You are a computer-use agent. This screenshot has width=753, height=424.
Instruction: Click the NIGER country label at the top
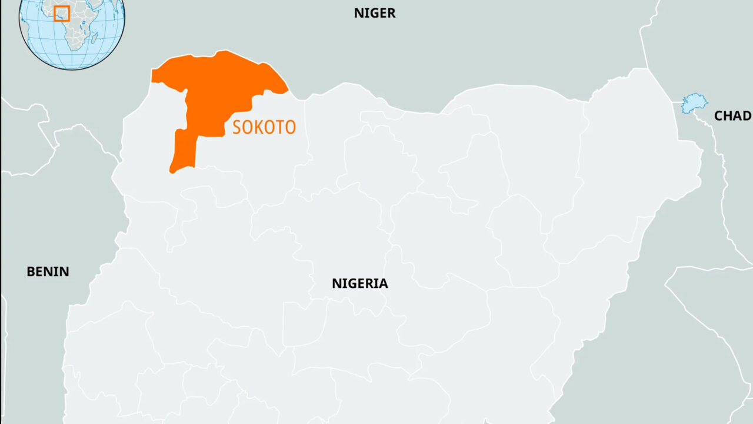[375, 13]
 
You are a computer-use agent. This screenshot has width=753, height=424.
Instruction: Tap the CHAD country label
[732, 116]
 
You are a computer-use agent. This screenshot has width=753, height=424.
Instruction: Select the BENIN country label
[48, 271]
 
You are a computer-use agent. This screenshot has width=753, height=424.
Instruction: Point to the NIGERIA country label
[360, 283]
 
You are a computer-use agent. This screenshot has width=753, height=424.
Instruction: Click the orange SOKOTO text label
[264, 127]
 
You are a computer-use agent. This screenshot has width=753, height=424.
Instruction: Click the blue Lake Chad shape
[694, 103]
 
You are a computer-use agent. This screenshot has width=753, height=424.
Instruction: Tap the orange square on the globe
[62, 14]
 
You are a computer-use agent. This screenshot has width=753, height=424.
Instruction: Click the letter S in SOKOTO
[237, 127]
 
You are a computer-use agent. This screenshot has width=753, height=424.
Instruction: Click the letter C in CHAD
[719, 116]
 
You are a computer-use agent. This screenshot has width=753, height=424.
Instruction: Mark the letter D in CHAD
[747, 116]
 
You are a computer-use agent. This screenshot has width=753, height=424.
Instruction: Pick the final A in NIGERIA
[383, 283]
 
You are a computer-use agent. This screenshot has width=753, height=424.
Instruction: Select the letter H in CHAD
[728, 116]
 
